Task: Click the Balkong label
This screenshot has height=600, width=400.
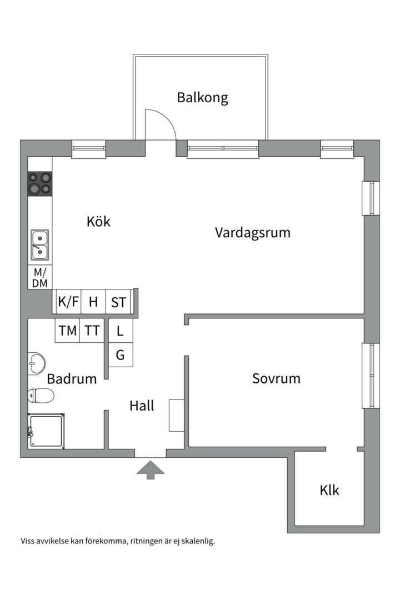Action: (202, 98)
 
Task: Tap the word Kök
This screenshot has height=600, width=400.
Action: (98, 222)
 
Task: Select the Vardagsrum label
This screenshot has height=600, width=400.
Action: (253, 232)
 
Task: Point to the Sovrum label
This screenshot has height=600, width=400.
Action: (276, 379)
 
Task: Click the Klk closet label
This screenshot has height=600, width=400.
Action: (329, 491)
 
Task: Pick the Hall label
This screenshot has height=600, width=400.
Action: (142, 406)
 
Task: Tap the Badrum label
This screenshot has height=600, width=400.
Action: (72, 379)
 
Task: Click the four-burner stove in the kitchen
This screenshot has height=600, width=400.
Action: (40, 183)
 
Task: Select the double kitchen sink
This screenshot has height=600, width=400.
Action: (39, 245)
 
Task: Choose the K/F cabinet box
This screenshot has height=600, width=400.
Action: (68, 303)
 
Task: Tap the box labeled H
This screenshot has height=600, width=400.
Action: (93, 303)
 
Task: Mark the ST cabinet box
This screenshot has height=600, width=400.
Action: (118, 303)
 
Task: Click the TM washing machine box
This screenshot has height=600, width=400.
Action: (68, 331)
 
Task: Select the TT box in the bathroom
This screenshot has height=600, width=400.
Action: (92, 331)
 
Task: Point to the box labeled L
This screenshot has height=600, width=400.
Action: (121, 331)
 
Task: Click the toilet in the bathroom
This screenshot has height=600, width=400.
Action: (41, 396)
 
